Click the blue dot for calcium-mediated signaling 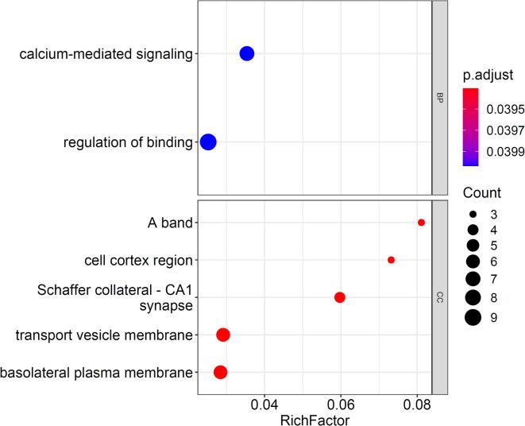(246, 54)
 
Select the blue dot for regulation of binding (208, 142)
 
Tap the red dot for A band (421, 223)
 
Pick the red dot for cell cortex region (391, 260)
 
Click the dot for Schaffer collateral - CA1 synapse (339, 297)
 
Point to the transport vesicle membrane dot (223, 335)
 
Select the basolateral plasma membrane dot (220, 372)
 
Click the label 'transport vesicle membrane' (104, 335)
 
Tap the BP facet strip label (438, 98)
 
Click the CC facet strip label (438, 297)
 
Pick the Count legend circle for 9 (473, 318)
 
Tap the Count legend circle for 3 (473, 214)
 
